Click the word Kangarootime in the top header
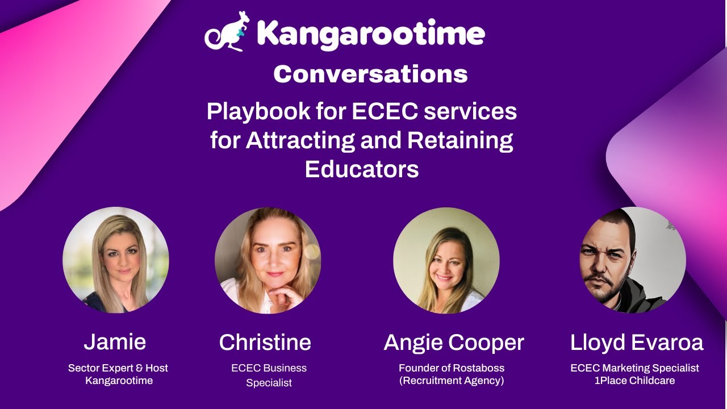coord(371,34)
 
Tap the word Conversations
coord(370,74)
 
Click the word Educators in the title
coord(362,169)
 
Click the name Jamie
coord(115,342)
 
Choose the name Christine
coord(265,343)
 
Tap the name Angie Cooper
coord(453,343)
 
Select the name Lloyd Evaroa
coord(637,343)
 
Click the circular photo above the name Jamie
coord(116,260)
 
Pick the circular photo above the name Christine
coord(268,260)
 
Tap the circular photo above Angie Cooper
coord(446,260)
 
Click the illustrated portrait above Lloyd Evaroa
coord(633,260)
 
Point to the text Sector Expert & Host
coord(118,368)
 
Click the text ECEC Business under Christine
coord(269,368)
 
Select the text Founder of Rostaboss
coord(452,368)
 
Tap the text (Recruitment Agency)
coord(452,381)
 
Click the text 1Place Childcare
coord(634,381)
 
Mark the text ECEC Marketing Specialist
coord(634,368)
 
